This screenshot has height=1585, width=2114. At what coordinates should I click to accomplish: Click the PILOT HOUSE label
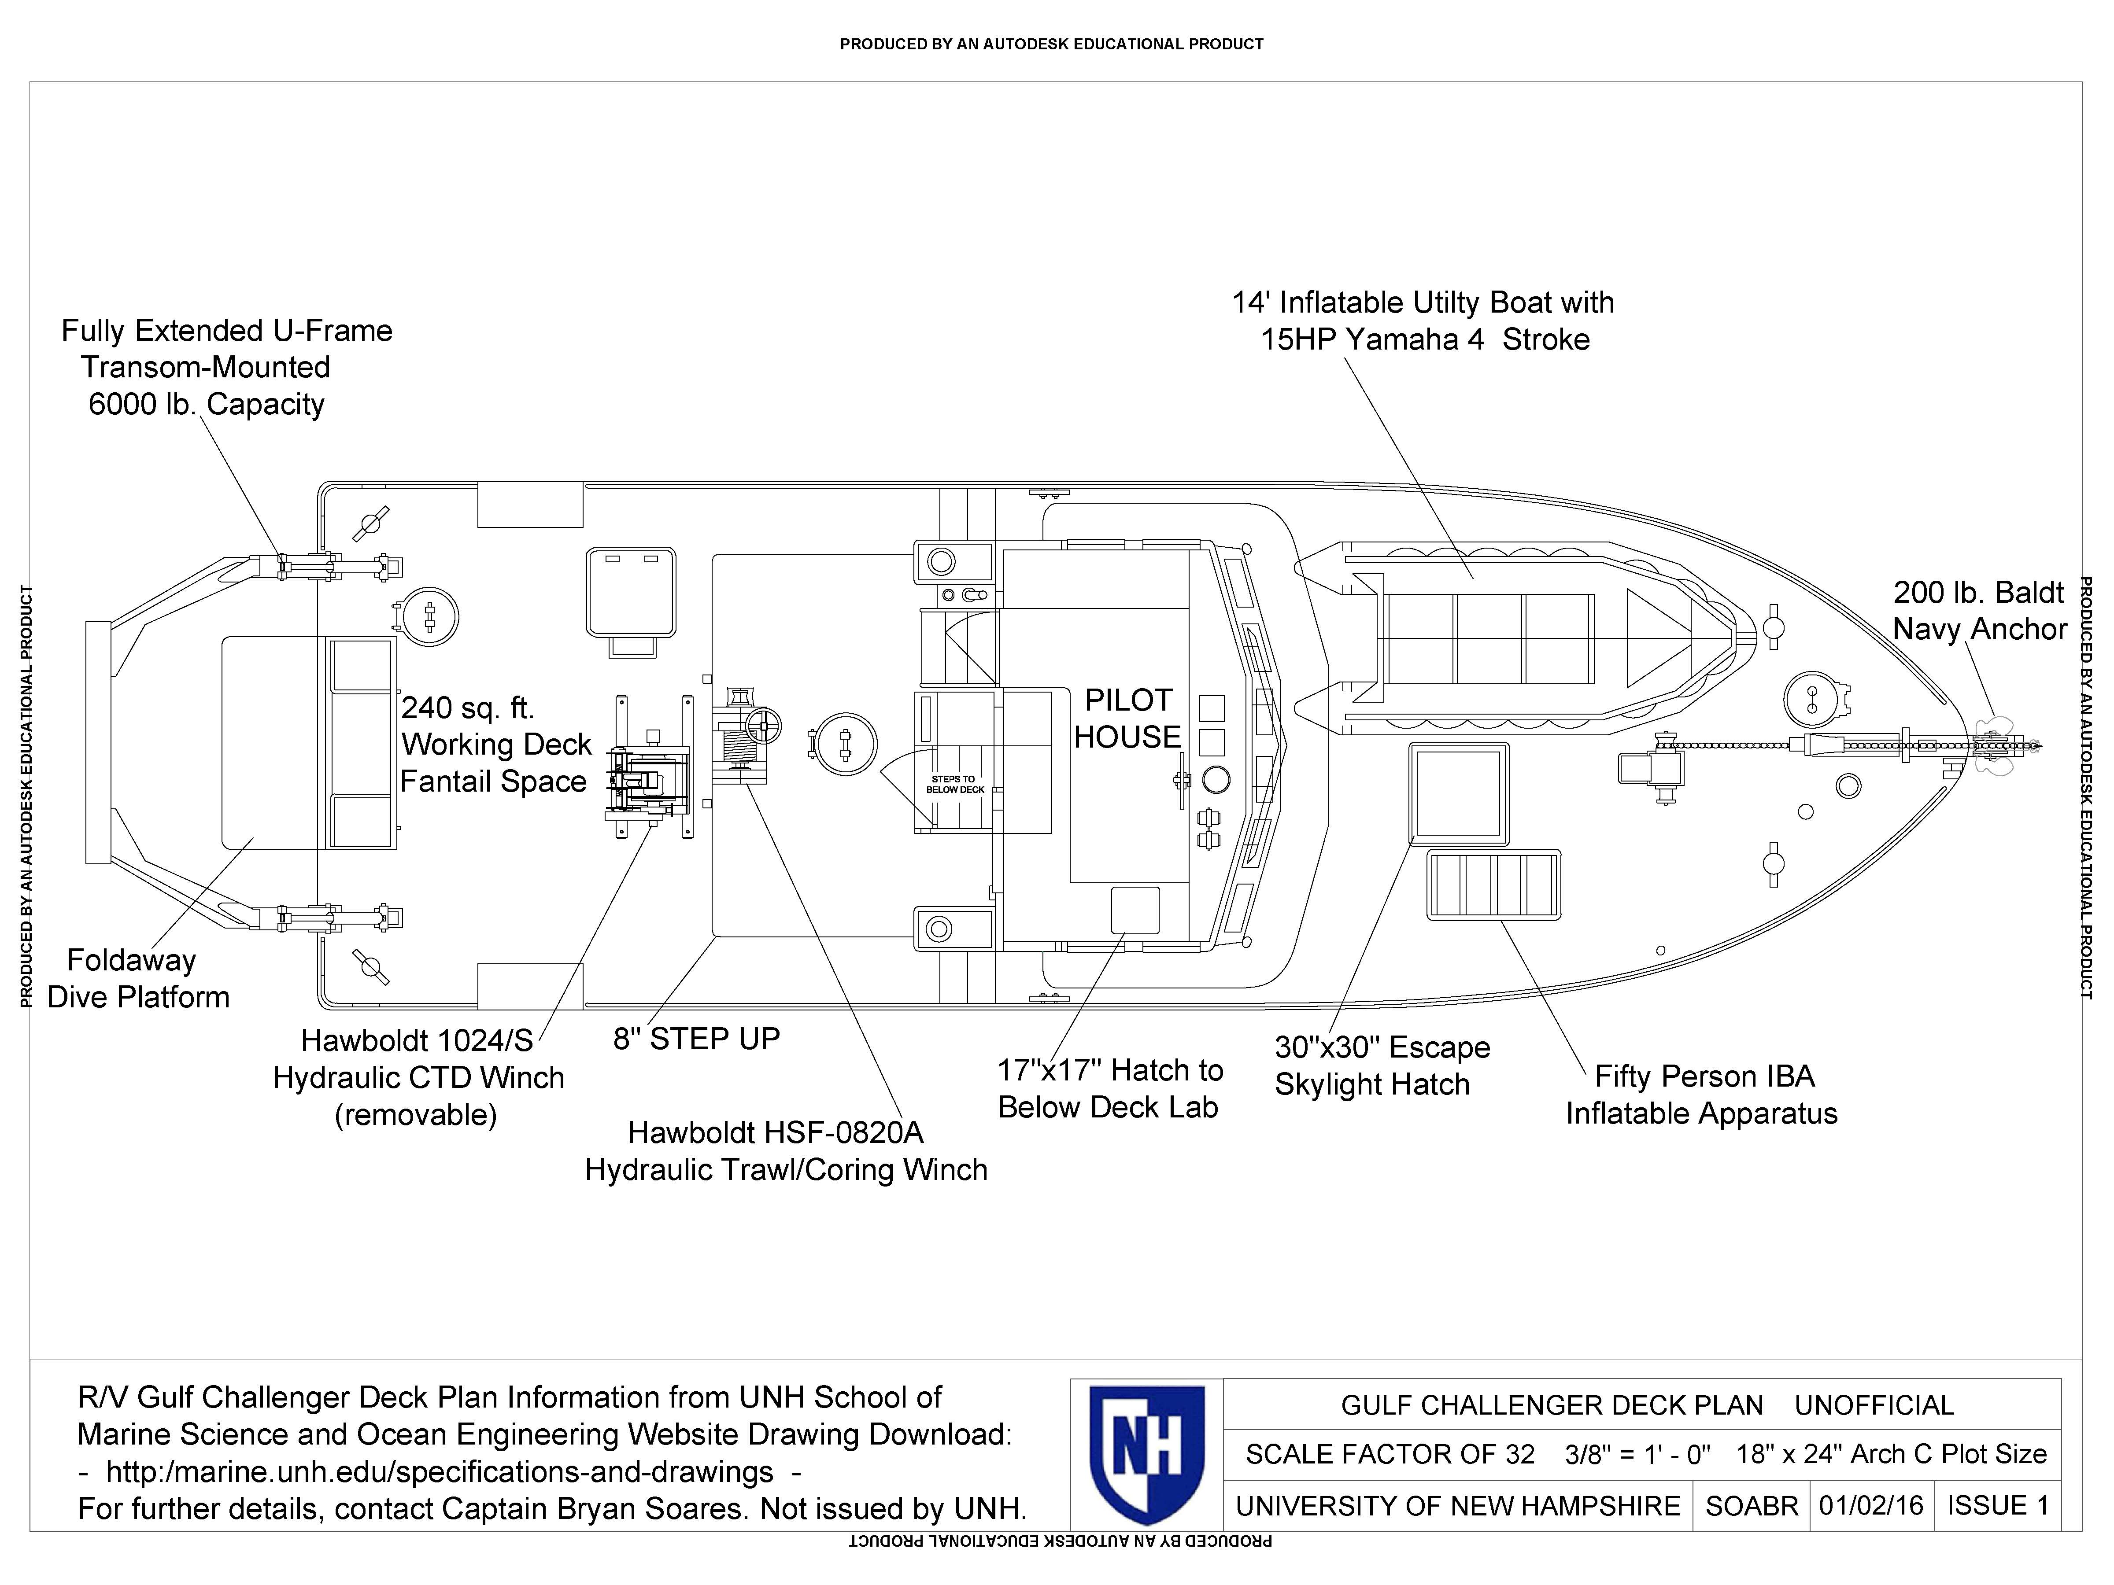[1128, 719]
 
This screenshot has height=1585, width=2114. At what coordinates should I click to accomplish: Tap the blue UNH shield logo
[1147, 1454]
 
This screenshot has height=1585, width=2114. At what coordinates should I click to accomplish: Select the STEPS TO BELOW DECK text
[955, 785]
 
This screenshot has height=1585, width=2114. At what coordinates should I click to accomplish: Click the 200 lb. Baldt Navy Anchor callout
[1979, 611]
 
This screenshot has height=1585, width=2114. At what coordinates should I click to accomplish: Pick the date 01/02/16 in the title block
[1870, 1506]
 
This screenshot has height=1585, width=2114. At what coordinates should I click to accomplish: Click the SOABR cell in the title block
[1751, 1506]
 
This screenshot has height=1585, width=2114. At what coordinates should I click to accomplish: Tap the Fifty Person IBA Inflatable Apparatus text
[1701, 1095]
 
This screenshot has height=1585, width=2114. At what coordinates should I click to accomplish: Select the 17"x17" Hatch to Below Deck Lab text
[1109, 1088]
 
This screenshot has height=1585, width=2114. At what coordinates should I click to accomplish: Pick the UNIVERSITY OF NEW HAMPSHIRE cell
[1457, 1506]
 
